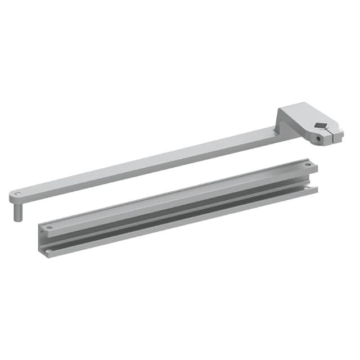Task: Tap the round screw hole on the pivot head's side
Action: point(317,137)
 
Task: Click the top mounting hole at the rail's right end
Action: point(308,165)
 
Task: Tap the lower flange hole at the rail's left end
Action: point(49,251)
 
